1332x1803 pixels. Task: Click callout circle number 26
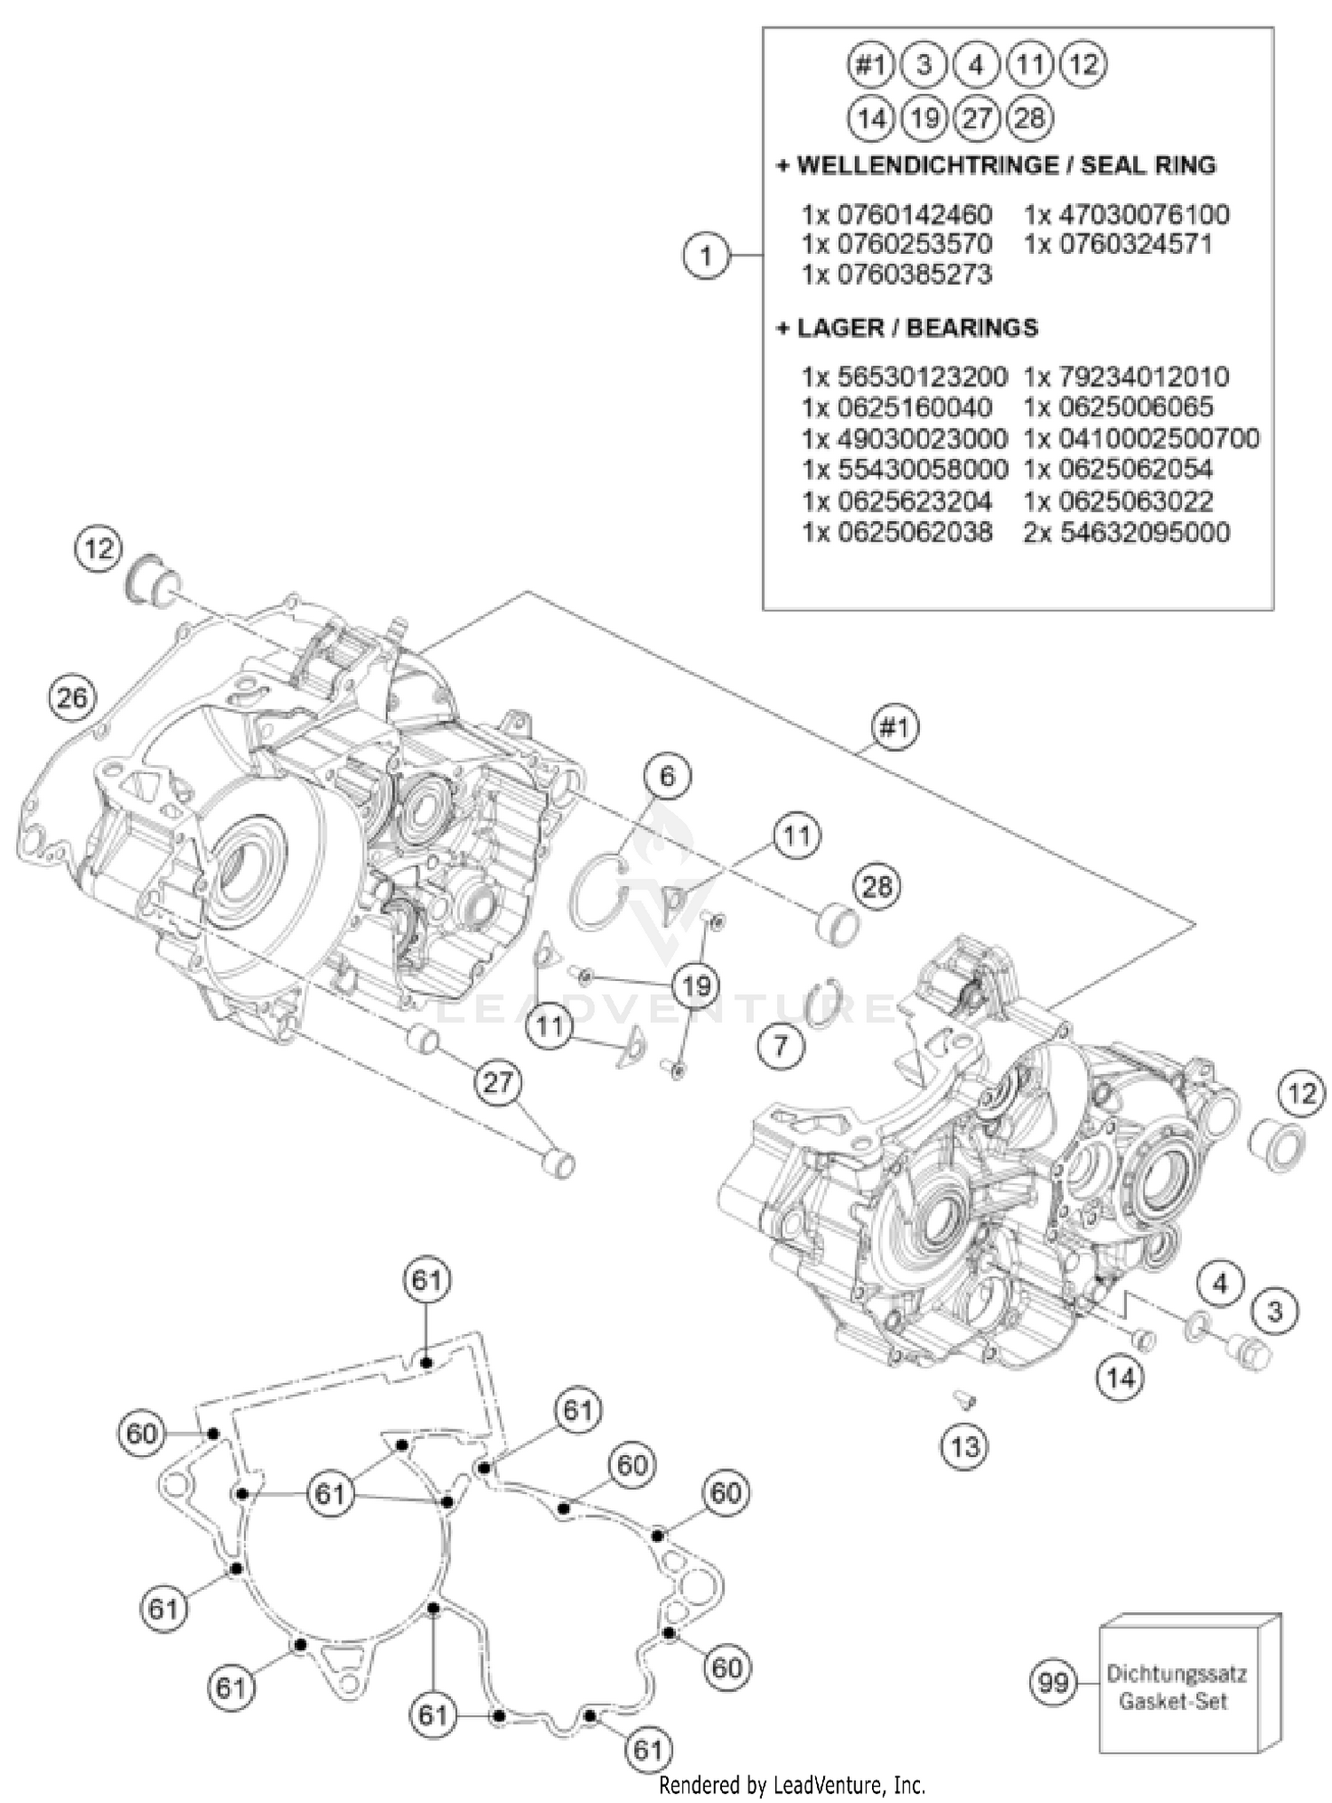(x=72, y=698)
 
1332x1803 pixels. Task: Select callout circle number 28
(x=876, y=886)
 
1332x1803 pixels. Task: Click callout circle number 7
(x=781, y=1045)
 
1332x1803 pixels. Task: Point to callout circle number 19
(x=697, y=985)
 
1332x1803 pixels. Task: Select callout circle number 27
(x=499, y=1083)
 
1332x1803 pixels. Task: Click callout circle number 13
(x=964, y=1447)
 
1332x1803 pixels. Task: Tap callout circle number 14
(x=1121, y=1378)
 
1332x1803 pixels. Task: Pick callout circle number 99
(x=1053, y=1682)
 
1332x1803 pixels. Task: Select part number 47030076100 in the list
(x=1126, y=215)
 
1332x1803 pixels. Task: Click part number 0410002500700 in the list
(x=1141, y=439)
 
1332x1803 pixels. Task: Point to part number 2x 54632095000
(x=1126, y=533)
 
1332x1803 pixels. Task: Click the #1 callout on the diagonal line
(x=894, y=728)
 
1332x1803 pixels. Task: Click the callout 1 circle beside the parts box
(x=706, y=257)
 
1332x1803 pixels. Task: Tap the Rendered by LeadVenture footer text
(x=792, y=1784)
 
